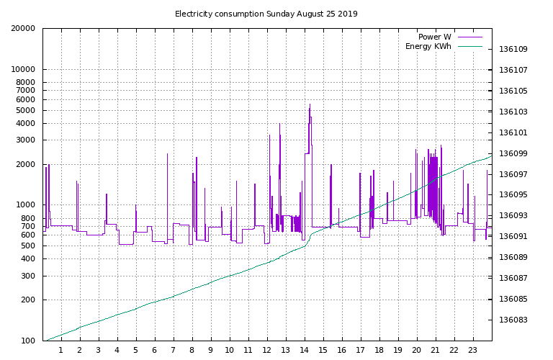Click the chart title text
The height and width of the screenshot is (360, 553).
266,14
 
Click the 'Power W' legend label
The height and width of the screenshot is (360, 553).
434,37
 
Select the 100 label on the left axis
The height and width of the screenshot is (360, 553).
30,341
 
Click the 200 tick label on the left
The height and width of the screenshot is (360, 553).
30,300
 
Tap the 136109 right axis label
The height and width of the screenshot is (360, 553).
513,50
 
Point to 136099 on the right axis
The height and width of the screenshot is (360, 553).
513,153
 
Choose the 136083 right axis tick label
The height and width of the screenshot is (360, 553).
513,320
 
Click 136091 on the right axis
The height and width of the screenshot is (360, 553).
513,237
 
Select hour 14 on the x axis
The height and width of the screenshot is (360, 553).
304,351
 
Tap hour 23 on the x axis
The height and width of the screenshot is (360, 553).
472,351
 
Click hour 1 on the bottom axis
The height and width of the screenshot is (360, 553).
61,351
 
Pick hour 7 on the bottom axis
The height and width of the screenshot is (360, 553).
174,351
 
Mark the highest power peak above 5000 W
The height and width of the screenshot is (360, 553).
310,105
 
